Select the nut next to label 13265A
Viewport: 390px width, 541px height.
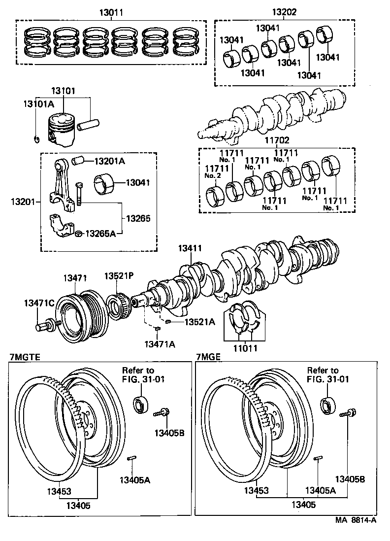click(78, 233)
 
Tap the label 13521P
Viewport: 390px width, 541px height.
click(118, 275)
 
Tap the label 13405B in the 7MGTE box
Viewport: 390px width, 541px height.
click(169, 433)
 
